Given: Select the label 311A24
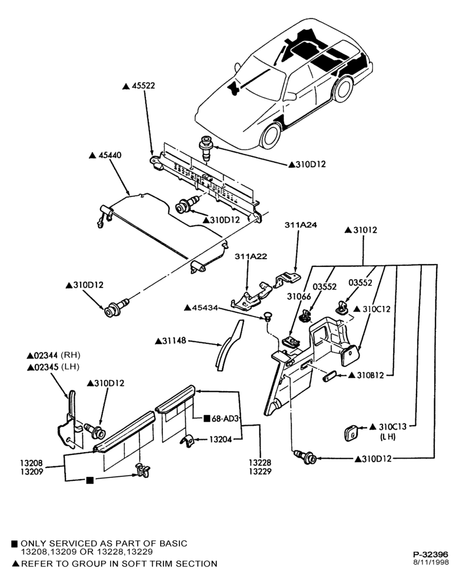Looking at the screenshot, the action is coord(301,225).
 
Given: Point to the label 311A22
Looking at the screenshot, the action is coord(251,256).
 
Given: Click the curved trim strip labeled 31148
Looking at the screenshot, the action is coord(229,345).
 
